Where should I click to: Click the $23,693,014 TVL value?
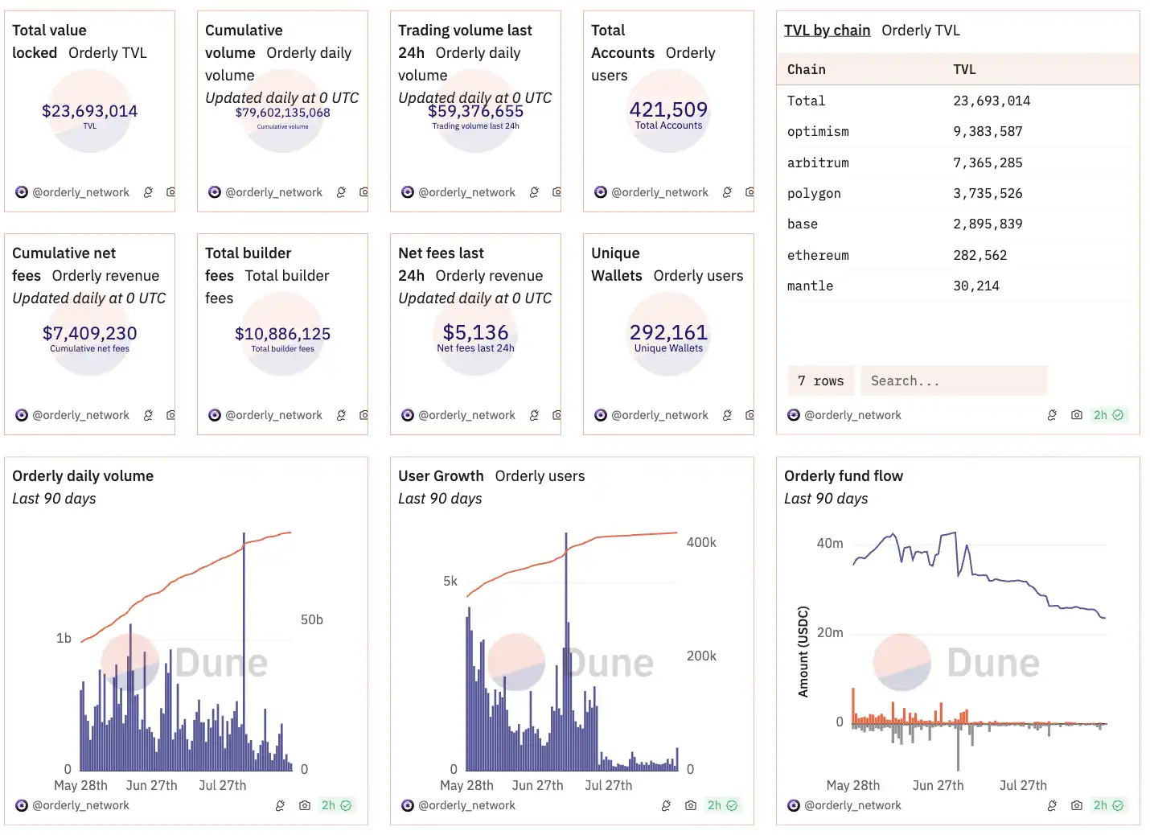[x=89, y=111]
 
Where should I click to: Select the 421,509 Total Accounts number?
[x=668, y=109]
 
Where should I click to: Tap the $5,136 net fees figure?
[x=475, y=332]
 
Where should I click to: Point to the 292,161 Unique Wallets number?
[x=668, y=332]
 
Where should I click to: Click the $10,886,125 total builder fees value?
[x=282, y=334]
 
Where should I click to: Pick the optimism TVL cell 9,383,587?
[x=988, y=132]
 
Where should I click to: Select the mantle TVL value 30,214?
[x=976, y=286]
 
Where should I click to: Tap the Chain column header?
[x=807, y=70]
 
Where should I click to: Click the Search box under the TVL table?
[x=953, y=381]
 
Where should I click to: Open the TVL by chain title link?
[x=827, y=31]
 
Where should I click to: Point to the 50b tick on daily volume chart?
[x=312, y=620]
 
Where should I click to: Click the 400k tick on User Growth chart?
[x=701, y=543]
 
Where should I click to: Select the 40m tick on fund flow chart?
[x=830, y=544]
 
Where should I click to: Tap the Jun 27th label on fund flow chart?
[x=938, y=786]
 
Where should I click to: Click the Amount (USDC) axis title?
[x=803, y=652]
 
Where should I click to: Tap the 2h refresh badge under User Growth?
[x=721, y=805]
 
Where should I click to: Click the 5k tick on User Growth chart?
[x=450, y=581]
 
